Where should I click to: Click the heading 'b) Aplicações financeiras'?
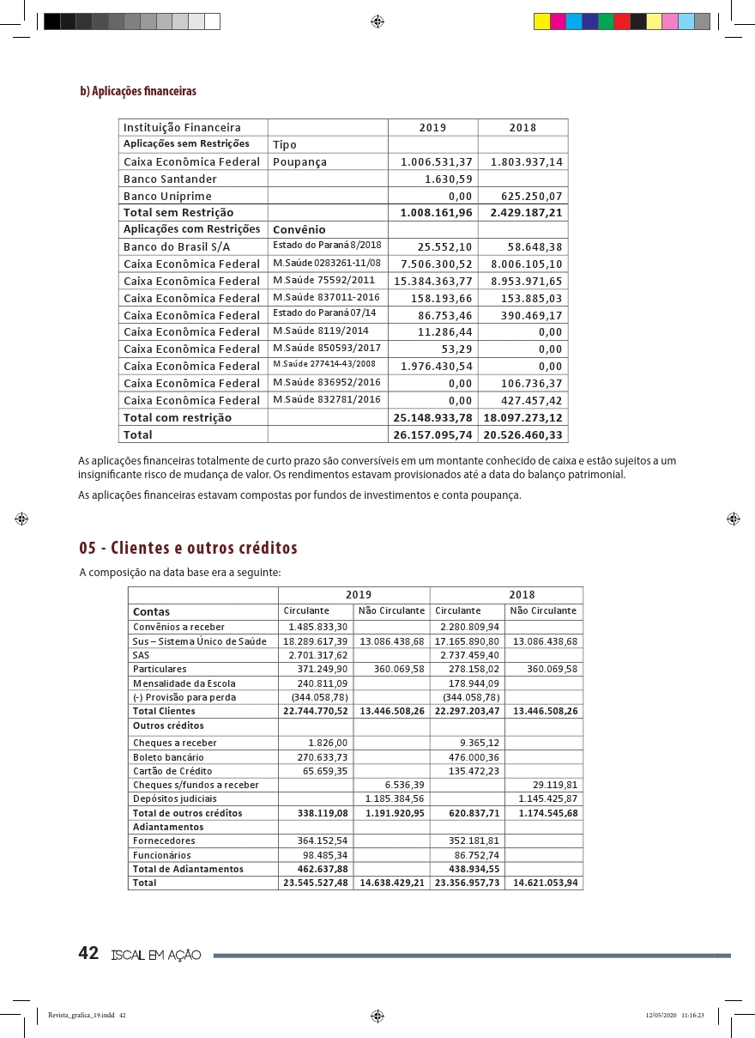pyautogui.click(x=138, y=91)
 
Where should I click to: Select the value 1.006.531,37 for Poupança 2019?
pyautogui.click(x=437, y=162)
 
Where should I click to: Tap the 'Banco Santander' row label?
pyautogui.click(x=170, y=179)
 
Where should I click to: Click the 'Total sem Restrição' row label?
pyautogui.click(x=178, y=212)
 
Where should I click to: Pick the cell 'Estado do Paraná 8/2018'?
pyautogui.click(x=327, y=246)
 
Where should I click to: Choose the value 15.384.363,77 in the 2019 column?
pyautogui.click(x=433, y=281)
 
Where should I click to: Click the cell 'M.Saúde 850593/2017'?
pyautogui.click(x=327, y=348)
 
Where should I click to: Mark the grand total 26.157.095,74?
pyautogui.click(x=432, y=434)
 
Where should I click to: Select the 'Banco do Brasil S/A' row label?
pyautogui.click(x=177, y=246)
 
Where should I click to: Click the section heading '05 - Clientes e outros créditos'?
pyautogui.click(x=188, y=548)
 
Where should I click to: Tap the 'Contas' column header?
pyautogui.click(x=151, y=612)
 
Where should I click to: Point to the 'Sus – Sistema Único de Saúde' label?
pyautogui.click(x=200, y=641)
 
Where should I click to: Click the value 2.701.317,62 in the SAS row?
pyautogui.click(x=318, y=655)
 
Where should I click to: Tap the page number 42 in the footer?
pyautogui.click(x=88, y=953)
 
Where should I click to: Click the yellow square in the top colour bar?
pyautogui.click(x=541, y=22)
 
